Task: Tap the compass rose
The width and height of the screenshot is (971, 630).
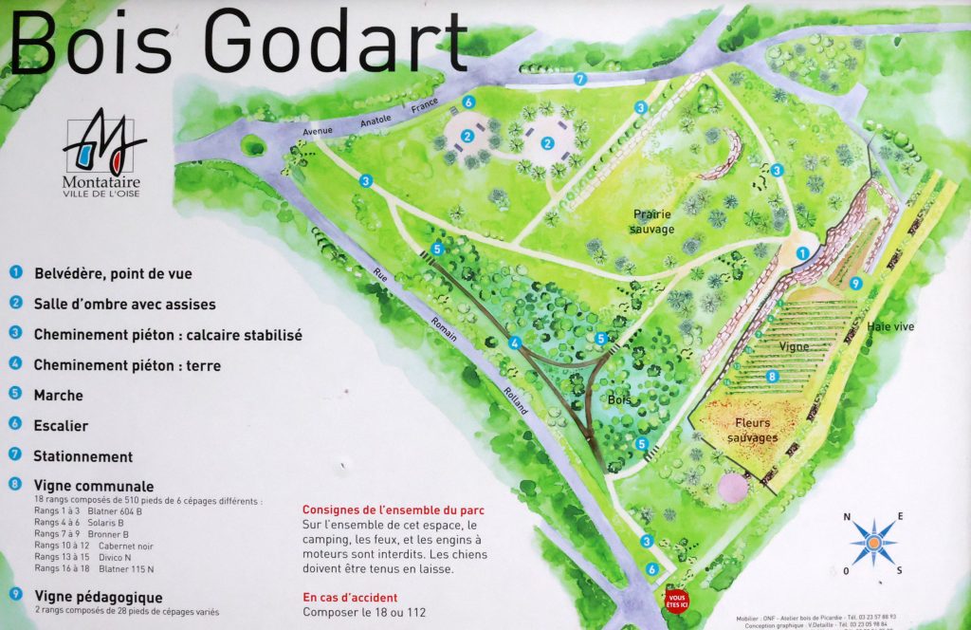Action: point(873,542)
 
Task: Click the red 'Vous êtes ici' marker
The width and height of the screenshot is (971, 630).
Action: point(676,601)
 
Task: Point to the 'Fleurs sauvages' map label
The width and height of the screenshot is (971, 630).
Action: point(752,430)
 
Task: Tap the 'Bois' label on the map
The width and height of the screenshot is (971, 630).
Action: point(619,399)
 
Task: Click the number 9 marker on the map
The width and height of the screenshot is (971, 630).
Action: point(855,283)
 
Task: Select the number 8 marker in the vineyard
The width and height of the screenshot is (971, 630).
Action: point(773,377)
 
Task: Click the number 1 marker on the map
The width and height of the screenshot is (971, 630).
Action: point(802,253)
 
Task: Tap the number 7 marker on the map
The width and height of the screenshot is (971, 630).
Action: point(580,78)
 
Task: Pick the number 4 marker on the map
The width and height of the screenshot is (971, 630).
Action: point(516,343)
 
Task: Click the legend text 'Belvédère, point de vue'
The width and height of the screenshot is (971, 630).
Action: point(113,274)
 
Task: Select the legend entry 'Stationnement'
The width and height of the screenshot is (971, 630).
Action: point(82,456)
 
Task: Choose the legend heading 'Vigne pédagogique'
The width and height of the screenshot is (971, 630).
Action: point(98,598)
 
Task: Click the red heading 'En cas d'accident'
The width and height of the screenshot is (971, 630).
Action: point(350,598)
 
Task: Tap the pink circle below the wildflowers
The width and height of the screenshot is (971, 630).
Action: point(734,487)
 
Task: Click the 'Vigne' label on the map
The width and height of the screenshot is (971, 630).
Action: point(794,347)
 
